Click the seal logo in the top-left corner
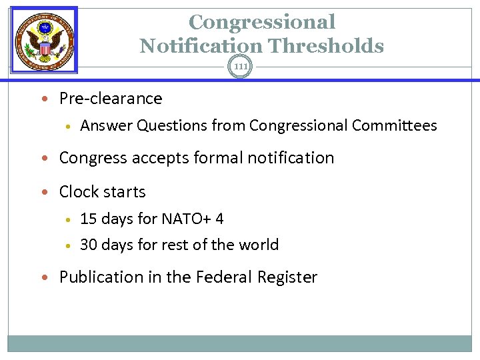[45, 40]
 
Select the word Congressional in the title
[262, 22]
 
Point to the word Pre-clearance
[111, 99]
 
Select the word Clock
[79, 192]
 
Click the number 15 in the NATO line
[88, 219]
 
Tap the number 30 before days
[89, 245]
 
